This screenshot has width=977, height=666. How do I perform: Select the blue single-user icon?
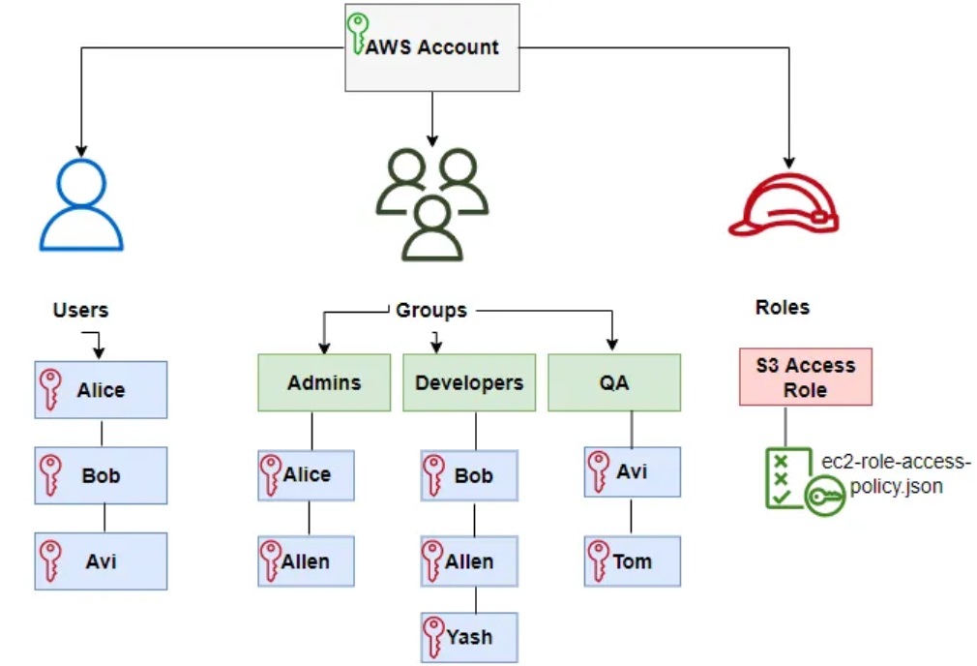[x=81, y=205]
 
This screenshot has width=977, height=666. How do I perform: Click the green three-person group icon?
[x=431, y=204]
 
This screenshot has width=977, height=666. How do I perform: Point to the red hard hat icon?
[x=783, y=205]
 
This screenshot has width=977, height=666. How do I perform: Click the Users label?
[x=80, y=311]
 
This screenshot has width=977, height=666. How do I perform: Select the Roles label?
[x=782, y=308]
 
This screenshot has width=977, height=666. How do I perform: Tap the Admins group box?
[x=323, y=382]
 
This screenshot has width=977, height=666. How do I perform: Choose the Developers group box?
[x=469, y=382]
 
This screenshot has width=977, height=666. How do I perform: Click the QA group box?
[x=614, y=382]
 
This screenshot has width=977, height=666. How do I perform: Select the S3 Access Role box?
[x=805, y=377]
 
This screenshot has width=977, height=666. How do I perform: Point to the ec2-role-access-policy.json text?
[x=896, y=474]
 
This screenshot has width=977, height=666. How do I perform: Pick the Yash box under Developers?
[x=469, y=637]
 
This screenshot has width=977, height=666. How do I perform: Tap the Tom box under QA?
[x=632, y=561]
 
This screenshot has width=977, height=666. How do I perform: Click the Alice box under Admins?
[x=306, y=475]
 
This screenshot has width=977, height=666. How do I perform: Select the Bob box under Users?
[x=101, y=476]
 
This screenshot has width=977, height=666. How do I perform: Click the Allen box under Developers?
[x=469, y=561]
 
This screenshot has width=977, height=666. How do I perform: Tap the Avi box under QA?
[x=632, y=472]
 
